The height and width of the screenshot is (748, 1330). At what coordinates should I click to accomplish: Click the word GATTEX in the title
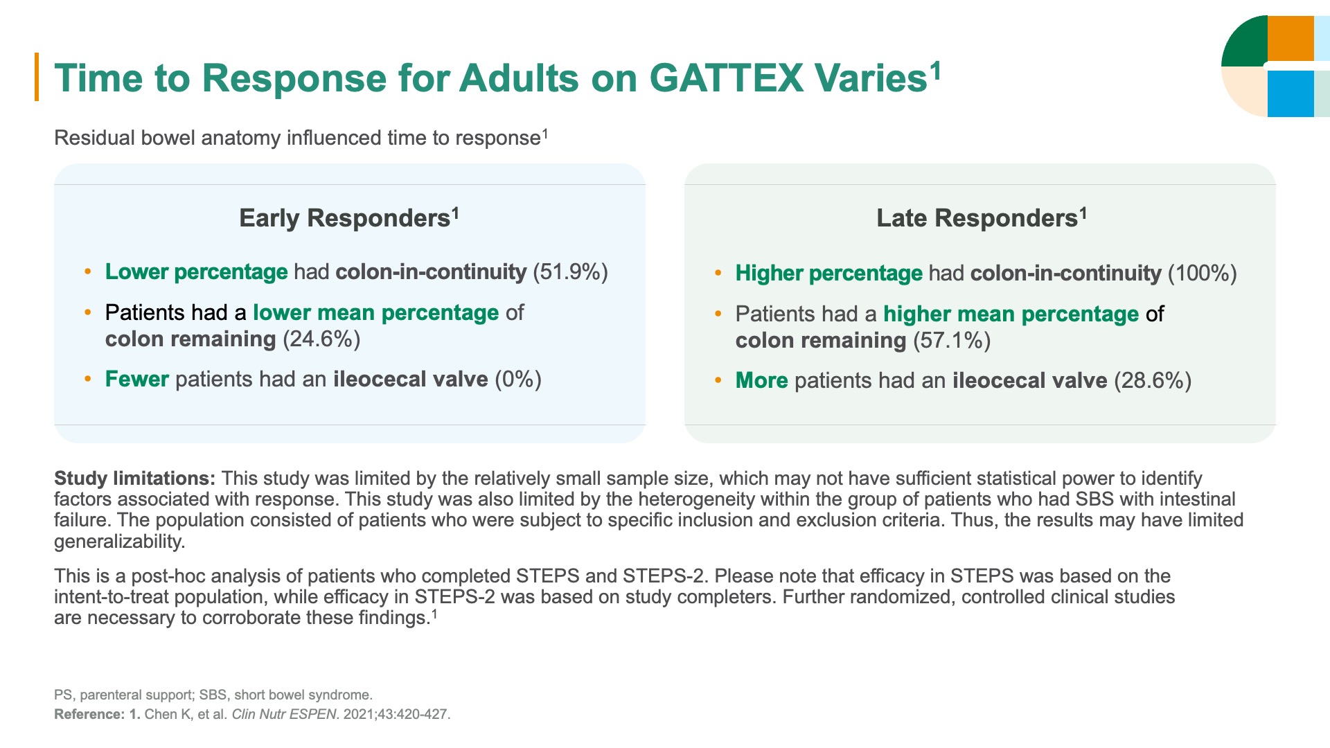click(726, 78)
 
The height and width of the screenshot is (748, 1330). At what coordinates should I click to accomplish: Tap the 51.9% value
click(570, 272)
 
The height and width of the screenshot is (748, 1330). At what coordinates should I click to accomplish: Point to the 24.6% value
click(321, 339)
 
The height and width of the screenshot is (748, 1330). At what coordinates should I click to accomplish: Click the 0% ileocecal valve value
click(517, 380)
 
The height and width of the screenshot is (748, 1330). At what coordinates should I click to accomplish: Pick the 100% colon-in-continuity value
click(1202, 274)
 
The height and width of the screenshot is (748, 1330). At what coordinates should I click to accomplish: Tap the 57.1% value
click(952, 341)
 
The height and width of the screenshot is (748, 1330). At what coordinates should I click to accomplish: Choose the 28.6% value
click(1152, 381)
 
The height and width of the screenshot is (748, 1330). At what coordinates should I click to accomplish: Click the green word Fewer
click(136, 380)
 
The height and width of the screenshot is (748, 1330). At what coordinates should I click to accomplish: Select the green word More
click(761, 381)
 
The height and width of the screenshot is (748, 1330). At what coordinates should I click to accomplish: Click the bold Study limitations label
click(134, 479)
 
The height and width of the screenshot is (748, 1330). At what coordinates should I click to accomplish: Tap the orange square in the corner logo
click(1290, 39)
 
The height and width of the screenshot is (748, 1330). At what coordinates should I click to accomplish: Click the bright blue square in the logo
click(1290, 93)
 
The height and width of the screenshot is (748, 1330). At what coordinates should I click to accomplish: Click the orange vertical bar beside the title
click(37, 77)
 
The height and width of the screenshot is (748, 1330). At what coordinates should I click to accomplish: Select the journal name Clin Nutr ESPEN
click(283, 714)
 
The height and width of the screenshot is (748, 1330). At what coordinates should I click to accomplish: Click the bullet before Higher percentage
click(718, 274)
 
